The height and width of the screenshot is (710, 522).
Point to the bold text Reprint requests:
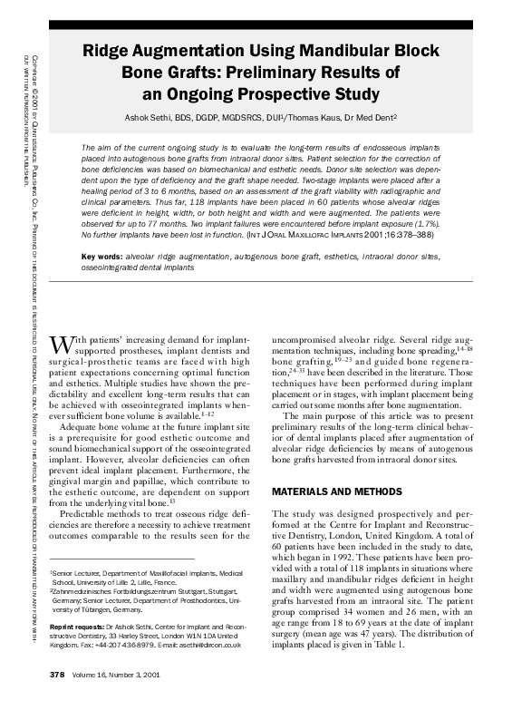pyautogui.click(x=79, y=627)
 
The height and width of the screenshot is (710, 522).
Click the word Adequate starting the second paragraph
pyautogui.click(x=84, y=423)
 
